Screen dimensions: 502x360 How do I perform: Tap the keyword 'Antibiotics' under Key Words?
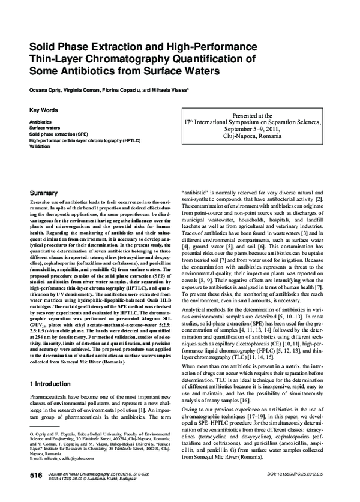[41, 122]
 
